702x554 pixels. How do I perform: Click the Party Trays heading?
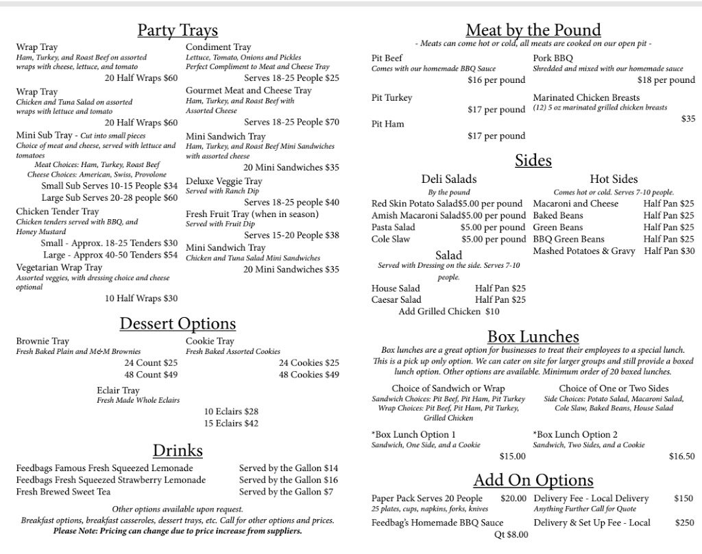click(178, 30)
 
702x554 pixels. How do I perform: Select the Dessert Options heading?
click(178, 323)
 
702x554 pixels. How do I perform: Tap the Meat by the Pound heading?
click(533, 30)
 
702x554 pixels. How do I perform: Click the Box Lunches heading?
click(533, 336)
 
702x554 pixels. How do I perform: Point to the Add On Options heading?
click(533, 479)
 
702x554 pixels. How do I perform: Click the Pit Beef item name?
click(387, 58)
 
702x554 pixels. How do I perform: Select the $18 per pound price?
click(666, 80)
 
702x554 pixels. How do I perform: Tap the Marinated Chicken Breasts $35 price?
click(688, 119)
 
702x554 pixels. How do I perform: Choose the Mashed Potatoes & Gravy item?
click(584, 251)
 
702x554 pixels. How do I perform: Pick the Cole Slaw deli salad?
click(391, 240)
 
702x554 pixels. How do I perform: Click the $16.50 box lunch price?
click(681, 456)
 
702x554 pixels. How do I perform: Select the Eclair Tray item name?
click(118, 390)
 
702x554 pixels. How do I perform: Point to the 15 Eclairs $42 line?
click(231, 423)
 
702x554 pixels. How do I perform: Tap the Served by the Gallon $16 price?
click(289, 480)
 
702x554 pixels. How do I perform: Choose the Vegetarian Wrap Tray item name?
click(59, 268)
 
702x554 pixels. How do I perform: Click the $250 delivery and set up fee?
click(684, 522)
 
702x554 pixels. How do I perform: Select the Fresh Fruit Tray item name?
click(252, 214)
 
